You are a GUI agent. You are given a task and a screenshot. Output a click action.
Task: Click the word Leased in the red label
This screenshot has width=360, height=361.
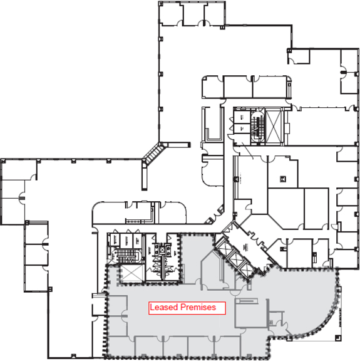(164, 307)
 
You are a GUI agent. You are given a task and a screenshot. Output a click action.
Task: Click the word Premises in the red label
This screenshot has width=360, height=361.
(198, 307)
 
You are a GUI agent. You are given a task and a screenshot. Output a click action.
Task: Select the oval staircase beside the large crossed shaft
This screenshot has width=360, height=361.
(257, 127)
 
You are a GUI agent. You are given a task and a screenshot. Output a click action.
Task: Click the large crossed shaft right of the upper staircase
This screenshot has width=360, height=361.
(273, 127)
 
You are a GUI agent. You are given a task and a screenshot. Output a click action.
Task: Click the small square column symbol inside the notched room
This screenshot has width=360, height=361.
(283, 179)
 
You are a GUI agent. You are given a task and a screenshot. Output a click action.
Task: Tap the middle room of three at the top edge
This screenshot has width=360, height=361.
(193, 13)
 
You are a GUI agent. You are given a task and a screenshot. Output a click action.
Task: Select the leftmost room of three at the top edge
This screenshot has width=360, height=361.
(171, 13)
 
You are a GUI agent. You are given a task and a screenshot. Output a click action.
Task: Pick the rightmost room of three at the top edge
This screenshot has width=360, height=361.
(214, 13)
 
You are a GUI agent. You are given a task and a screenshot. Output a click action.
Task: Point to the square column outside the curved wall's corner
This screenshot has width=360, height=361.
(337, 338)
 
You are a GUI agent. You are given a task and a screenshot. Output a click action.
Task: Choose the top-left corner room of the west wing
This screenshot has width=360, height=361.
(19, 170)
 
